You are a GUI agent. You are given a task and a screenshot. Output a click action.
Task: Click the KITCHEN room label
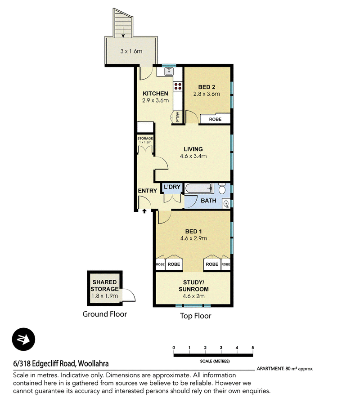[155, 94]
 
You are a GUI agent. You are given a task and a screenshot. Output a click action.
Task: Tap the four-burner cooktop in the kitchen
[178, 86]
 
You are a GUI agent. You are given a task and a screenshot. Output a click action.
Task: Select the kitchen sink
[169, 71]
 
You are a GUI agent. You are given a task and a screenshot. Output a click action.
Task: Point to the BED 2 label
[207, 87]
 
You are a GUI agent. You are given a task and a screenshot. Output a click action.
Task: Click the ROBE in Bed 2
[215, 119]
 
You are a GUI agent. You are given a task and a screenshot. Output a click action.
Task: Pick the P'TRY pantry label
[178, 117]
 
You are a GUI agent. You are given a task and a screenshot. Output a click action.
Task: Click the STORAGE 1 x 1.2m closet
[145, 144]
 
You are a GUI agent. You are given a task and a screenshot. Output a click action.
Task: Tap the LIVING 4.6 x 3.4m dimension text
[193, 156]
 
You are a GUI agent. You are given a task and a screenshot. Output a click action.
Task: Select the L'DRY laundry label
[172, 187]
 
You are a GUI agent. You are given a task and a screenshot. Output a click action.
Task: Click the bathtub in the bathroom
[199, 188]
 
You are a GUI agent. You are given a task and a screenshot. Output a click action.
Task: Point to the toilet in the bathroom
[222, 188]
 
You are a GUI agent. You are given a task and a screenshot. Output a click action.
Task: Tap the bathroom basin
[226, 204]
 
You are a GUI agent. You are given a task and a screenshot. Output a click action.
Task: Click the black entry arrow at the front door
[144, 211]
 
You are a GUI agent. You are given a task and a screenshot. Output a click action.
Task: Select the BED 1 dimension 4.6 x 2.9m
[193, 238]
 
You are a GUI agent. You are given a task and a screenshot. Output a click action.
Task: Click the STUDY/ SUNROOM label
[193, 286]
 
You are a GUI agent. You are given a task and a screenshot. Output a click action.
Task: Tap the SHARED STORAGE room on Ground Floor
[105, 288]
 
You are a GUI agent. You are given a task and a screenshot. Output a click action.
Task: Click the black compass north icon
[24, 339]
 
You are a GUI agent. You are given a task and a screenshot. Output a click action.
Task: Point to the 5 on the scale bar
[253, 348]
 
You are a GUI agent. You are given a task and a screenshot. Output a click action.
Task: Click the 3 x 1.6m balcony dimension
[131, 51]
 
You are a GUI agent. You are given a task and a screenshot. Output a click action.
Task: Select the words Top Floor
[196, 316]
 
